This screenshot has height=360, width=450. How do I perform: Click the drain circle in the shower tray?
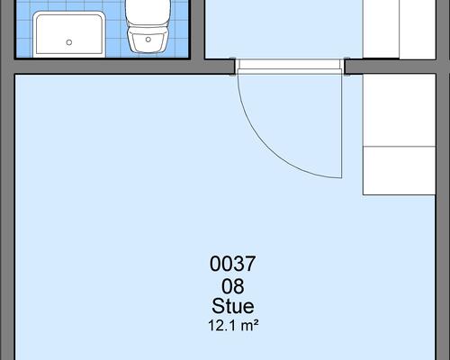[69, 42]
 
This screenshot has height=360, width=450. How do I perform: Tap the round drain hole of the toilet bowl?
[148, 40]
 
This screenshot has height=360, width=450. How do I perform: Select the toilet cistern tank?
[148, 12]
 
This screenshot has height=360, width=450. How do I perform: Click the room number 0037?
[232, 264]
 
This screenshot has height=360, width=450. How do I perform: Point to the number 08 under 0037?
[232, 286]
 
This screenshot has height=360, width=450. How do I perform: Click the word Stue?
[233, 306]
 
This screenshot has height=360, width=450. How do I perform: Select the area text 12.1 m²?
[233, 326]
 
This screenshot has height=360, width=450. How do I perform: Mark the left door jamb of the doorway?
[233, 67]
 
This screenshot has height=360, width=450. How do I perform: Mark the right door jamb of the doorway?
[346, 67]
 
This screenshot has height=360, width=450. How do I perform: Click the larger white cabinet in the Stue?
[399, 110]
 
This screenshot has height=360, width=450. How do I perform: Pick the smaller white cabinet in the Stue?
[399, 171]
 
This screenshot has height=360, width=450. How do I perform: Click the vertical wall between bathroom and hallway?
[197, 30]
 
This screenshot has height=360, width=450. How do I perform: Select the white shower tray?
[69, 34]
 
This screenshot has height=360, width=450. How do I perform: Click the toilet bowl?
[148, 39]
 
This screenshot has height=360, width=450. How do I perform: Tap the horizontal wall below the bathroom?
[120, 67]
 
